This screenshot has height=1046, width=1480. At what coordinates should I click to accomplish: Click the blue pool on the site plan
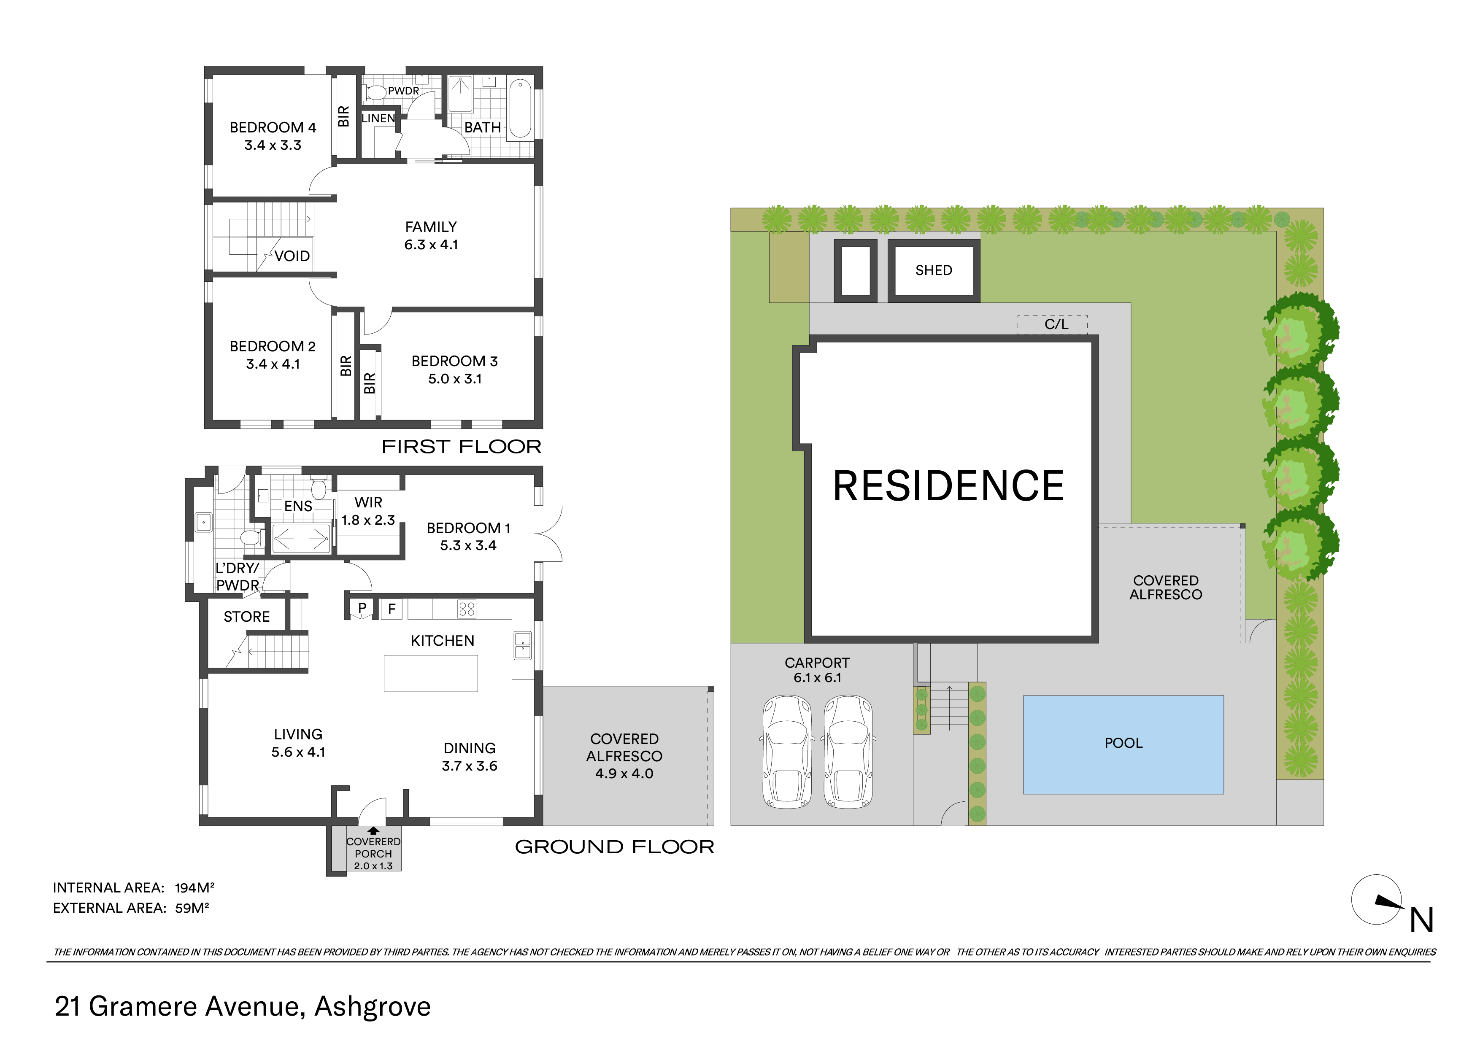1123,744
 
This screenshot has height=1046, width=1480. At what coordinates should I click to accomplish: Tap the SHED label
933,270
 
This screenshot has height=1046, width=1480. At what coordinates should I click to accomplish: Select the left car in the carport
787,752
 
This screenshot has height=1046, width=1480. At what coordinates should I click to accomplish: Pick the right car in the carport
848,752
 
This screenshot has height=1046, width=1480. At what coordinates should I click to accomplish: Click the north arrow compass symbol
1377,900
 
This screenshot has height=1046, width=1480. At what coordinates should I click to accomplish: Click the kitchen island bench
431,674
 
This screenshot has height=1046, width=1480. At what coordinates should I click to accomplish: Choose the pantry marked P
362,608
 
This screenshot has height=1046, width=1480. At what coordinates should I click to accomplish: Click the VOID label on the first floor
292,256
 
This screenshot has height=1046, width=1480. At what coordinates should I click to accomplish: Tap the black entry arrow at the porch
373,831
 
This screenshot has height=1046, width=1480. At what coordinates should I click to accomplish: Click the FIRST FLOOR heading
462,447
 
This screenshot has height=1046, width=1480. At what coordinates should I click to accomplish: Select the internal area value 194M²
194,887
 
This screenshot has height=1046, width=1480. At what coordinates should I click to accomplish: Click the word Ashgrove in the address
373,1007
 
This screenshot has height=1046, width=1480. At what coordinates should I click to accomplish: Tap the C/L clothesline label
1056,324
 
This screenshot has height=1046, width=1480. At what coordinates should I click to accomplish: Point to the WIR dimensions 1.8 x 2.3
368,520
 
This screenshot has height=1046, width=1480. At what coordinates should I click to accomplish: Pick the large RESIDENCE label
948,486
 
